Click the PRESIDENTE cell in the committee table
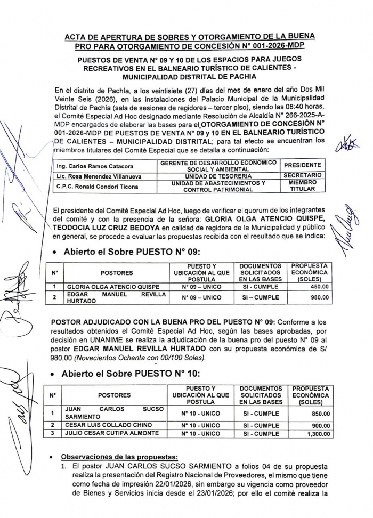(x=302, y=165)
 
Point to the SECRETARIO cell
(x=302, y=175)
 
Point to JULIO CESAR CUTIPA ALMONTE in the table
(x=111, y=434)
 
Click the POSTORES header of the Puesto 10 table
(x=114, y=395)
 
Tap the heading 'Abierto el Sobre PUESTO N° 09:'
(x=131, y=252)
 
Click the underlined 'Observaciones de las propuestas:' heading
(x=119, y=457)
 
